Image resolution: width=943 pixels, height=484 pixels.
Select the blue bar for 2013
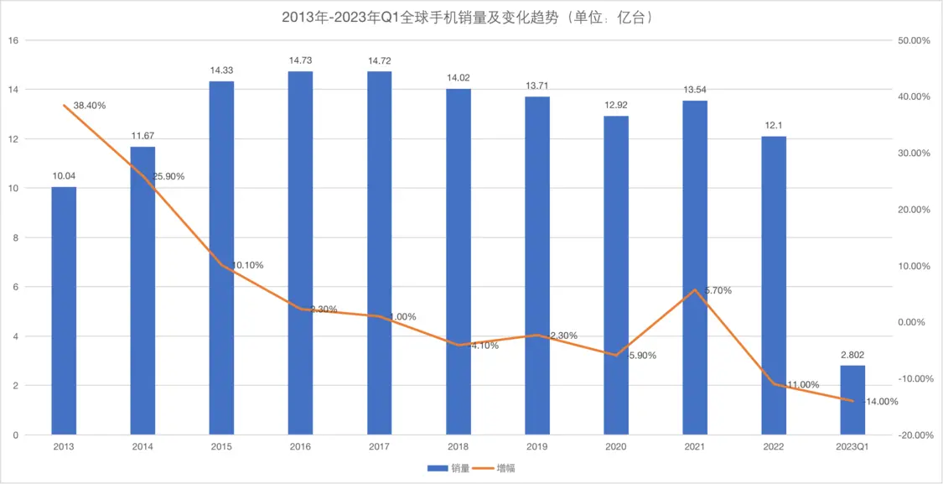(64, 310)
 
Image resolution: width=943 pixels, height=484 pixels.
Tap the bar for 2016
(300, 252)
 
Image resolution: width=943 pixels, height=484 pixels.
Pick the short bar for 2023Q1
(852, 400)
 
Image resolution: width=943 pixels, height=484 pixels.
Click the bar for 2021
(695, 268)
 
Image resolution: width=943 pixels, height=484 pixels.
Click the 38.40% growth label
(90, 106)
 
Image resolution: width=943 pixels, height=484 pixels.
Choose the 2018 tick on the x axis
(458, 447)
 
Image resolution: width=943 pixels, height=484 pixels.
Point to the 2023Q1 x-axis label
(852, 447)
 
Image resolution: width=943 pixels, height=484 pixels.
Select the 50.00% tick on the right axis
(914, 40)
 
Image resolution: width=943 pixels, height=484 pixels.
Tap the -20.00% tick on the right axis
(914, 435)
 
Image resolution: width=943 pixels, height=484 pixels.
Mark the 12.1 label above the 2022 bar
(774, 125)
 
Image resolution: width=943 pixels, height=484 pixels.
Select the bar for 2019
(537, 268)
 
